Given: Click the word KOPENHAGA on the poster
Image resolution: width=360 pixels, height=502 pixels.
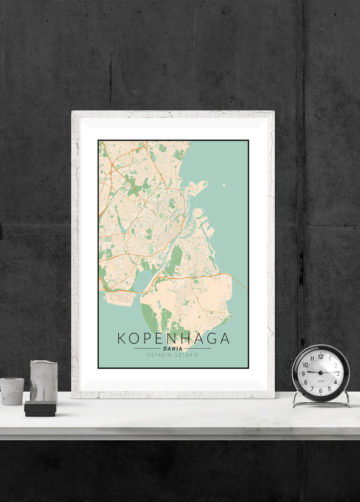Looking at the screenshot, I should point(173,338).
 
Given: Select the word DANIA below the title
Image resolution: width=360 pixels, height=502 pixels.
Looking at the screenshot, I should point(173,348).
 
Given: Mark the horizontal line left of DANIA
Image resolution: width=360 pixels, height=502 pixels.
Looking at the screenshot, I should point(148,348).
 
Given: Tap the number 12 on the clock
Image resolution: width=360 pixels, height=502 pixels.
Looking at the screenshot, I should point(320,356).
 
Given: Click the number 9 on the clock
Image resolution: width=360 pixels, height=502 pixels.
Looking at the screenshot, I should point(304,373).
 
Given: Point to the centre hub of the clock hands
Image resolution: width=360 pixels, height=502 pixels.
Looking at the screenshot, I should point(320,373).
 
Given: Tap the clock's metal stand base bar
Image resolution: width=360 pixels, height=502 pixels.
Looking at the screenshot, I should point(321,405).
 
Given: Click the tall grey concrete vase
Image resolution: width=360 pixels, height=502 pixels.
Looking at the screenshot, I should point(44,381).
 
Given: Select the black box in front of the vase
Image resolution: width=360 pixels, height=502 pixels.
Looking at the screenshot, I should point(40,409).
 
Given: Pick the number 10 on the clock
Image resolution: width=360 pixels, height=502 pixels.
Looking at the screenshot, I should point(306,364).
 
